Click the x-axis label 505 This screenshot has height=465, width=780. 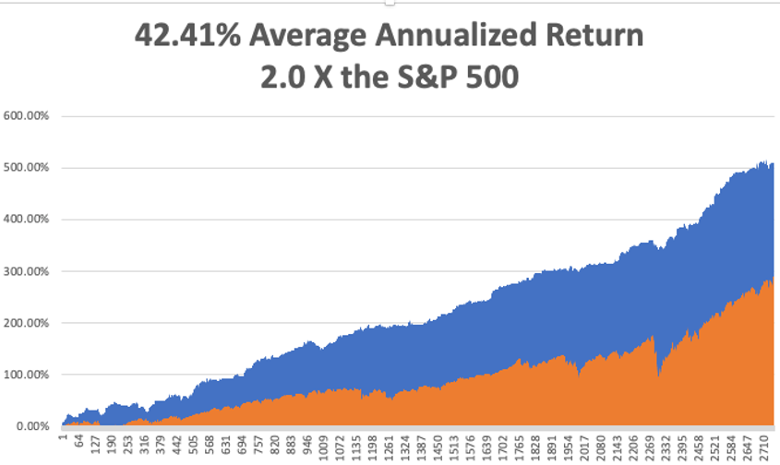pos(193,440)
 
